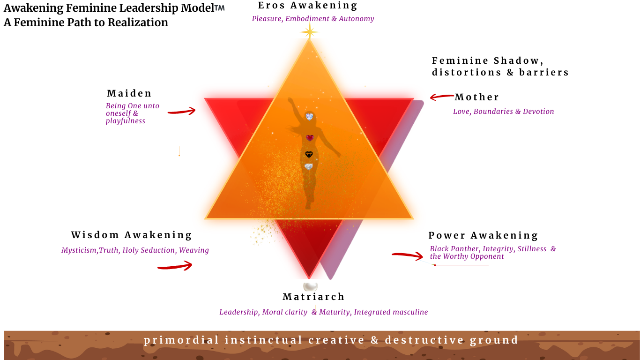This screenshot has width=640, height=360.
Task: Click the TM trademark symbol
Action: [x=219, y=8]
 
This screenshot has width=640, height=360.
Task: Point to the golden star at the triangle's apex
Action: [x=309, y=32]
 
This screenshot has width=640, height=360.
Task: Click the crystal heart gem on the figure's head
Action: [x=309, y=116]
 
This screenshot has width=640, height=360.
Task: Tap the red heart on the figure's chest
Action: [x=310, y=138]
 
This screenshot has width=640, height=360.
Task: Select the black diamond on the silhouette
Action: [x=309, y=155]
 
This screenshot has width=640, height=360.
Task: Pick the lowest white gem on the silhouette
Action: [x=308, y=167]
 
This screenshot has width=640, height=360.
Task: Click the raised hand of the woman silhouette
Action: [x=290, y=100]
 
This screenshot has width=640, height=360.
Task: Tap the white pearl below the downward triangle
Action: [x=310, y=286]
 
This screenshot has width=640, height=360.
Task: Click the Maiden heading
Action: [x=129, y=93]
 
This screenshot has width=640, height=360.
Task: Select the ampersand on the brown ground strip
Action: [x=374, y=340]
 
